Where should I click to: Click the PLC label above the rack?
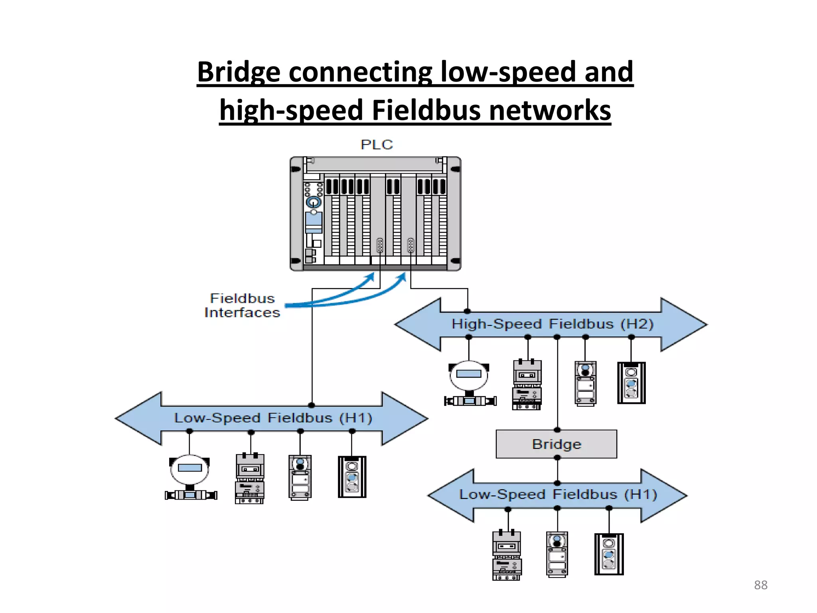(x=377, y=144)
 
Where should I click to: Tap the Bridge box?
(x=556, y=444)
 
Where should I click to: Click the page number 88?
(x=760, y=585)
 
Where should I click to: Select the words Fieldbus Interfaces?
(x=242, y=306)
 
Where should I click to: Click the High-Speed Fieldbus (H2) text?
(x=552, y=324)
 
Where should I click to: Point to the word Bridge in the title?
(x=239, y=72)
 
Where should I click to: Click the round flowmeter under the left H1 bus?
(x=190, y=477)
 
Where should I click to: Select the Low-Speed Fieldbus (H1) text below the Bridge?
(x=558, y=494)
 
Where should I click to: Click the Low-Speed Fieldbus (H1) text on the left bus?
(x=273, y=418)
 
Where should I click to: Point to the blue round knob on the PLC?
(x=314, y=202)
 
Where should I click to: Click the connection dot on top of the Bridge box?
(x=557, y=430)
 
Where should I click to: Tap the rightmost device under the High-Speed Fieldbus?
(x=631, y=383)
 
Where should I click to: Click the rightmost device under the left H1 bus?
(x=352, y=477)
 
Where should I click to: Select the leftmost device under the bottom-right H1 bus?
(x=507, y=555)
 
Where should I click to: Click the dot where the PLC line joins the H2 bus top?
(x=468, y=311)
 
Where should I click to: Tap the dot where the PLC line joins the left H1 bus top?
(x=312, y=405)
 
